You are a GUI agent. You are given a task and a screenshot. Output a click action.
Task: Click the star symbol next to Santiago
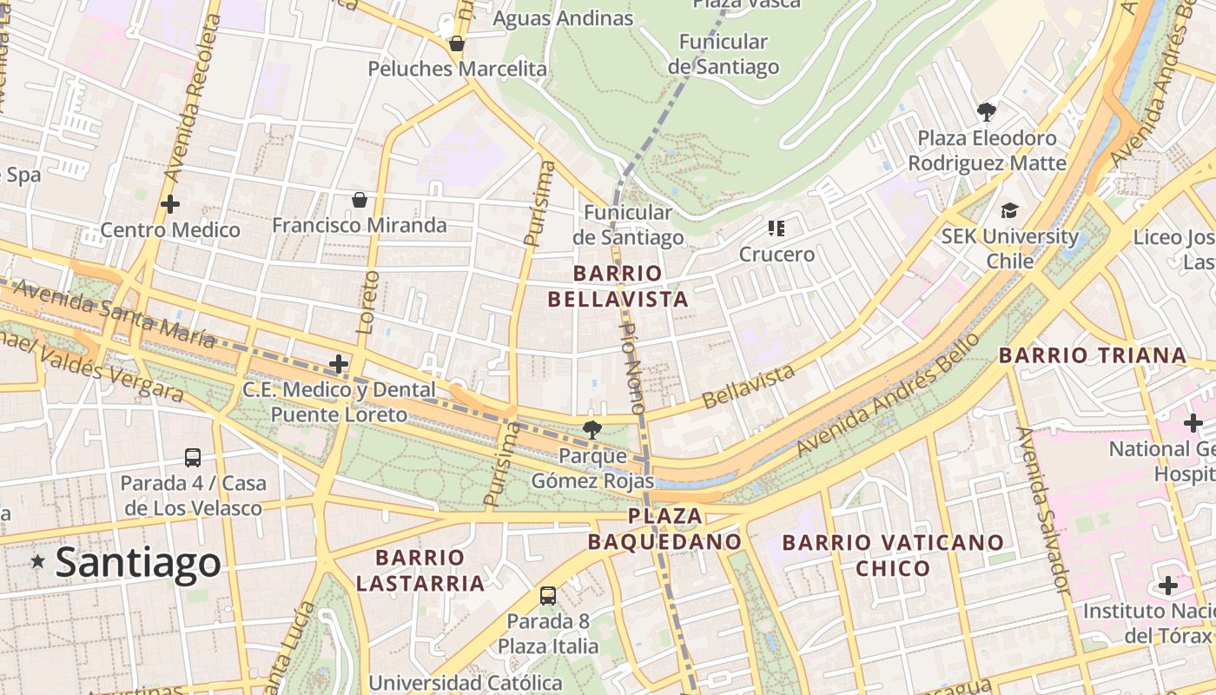[38, 562]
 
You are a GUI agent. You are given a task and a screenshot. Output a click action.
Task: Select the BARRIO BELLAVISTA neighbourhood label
[618, 287]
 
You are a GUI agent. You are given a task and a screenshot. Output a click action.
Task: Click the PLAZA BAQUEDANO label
[664, 529]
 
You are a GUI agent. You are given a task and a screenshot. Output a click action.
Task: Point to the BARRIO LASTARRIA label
[420, 570]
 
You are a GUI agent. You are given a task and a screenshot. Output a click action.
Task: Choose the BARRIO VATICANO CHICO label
[893, 555]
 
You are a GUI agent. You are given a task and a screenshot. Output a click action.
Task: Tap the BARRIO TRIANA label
[1092, 354]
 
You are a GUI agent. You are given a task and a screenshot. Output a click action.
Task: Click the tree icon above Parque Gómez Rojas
[592, 428]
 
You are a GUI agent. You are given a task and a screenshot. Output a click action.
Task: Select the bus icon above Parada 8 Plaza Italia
[548, 595]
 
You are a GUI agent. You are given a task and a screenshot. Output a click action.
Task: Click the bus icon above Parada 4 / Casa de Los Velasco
[193, 457]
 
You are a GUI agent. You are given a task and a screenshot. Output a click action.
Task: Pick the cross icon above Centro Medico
[170, 204]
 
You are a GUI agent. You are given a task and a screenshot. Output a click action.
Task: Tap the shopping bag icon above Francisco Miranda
[360, 200]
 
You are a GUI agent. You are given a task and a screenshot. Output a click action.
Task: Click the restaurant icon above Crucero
[777, 228]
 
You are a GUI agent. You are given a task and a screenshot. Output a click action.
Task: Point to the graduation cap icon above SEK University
[1009, 210]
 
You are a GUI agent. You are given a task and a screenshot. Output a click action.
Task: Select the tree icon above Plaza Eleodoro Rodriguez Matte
[986, 111]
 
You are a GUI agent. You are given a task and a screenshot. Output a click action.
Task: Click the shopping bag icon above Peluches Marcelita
[457, 43]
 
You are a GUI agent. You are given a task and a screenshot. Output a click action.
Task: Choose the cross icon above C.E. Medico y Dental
[339, 364]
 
